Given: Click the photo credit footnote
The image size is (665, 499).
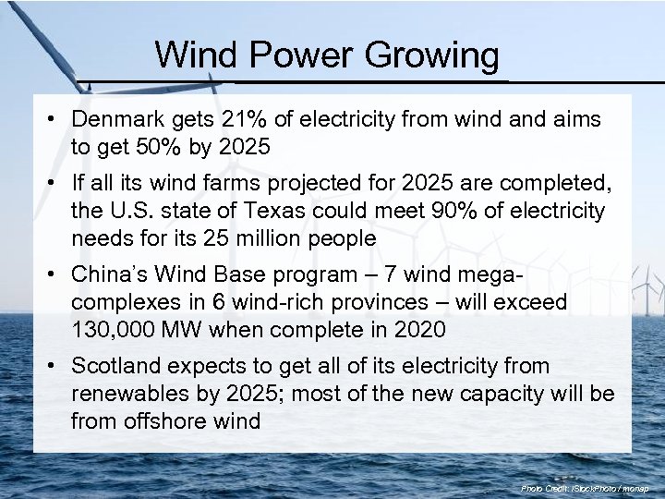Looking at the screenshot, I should [x=585, y=487].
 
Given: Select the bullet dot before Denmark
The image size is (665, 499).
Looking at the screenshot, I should [x=55, y=120].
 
